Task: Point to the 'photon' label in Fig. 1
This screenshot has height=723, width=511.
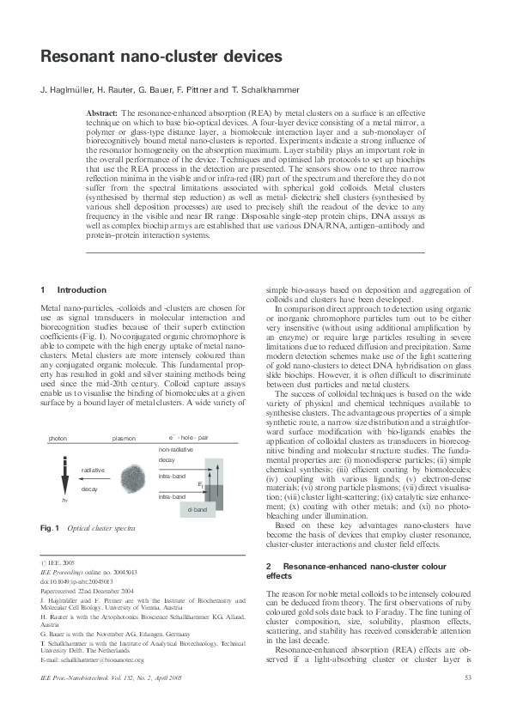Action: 58,438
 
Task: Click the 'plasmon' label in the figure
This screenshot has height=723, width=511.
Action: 124,438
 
